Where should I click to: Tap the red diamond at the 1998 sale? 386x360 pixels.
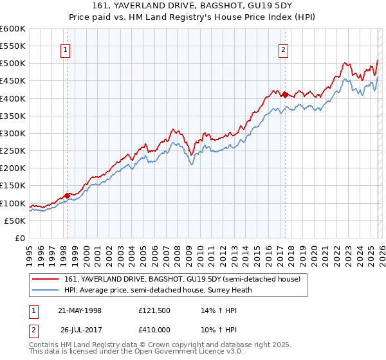(x=67, y=195)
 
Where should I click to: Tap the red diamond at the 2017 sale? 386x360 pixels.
(x=284, y=94)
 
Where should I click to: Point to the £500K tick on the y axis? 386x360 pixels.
(x=13, y=64)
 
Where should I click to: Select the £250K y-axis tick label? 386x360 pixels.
(x=13, y=151)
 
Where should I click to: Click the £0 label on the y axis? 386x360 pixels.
(x=19, y=239)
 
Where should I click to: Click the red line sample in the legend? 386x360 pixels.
(x=46, y=279)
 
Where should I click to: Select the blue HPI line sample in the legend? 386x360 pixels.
(x=46, y=290)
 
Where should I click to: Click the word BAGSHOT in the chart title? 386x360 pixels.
(x=208, y=6)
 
